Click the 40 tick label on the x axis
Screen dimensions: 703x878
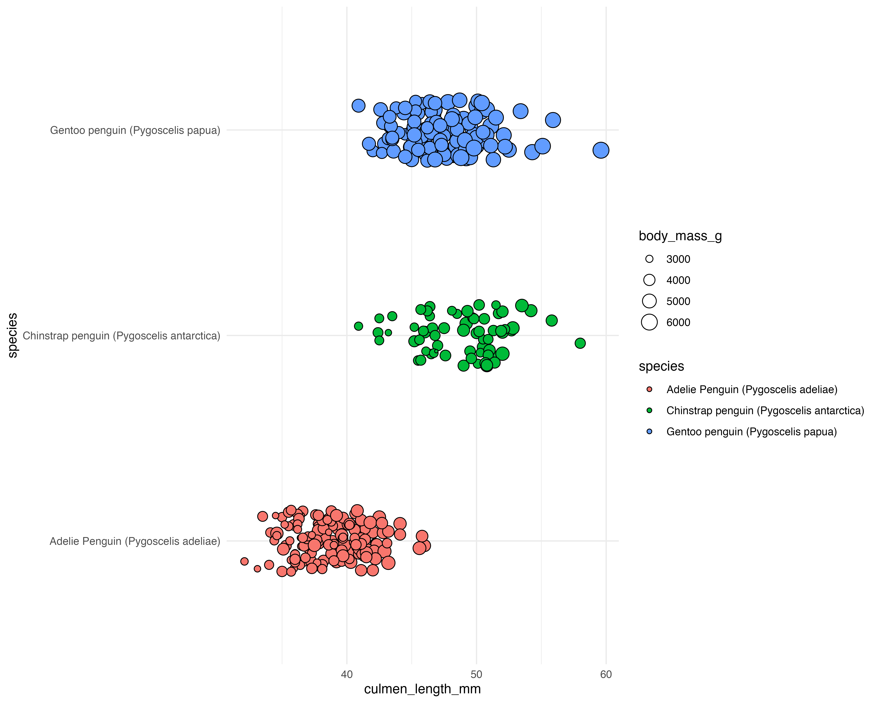347,674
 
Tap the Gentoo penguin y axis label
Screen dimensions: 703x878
135,130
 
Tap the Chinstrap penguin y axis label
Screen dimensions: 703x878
121,336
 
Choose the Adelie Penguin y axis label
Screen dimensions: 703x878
135,541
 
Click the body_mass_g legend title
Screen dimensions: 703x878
680,236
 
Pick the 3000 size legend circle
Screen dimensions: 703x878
649,259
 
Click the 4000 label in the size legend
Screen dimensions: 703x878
678,280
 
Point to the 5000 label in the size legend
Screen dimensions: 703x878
678,302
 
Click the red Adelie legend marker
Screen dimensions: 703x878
649,389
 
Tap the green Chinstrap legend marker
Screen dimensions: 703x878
649,410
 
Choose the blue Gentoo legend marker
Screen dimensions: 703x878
649,432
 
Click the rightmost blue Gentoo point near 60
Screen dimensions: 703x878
601,150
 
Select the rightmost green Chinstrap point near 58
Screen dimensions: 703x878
580,343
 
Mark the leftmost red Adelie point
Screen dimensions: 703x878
244,562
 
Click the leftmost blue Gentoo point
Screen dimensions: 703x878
358,106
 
